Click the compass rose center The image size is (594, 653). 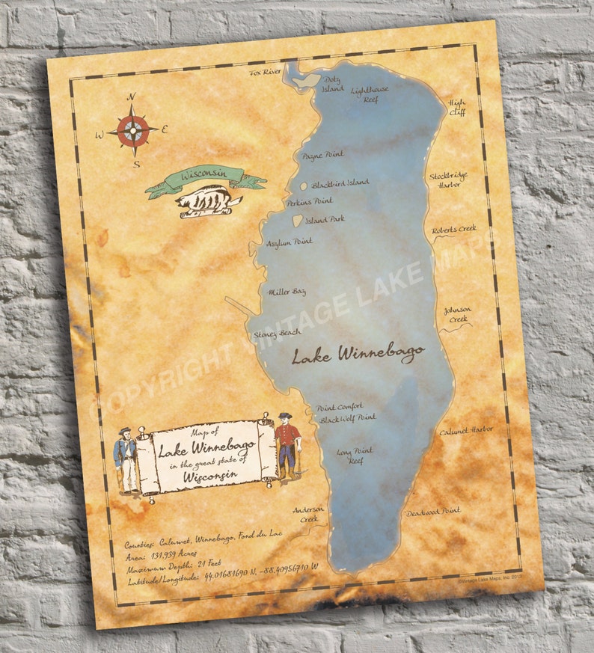point(132,130)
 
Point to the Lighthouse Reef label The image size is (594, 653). point(370,93)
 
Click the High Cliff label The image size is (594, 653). point(456,106)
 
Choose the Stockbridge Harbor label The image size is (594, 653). point(448,180)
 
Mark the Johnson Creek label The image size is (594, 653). point(456,314)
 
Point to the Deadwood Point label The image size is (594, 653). point(433,512)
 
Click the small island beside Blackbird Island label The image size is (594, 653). point(304,186)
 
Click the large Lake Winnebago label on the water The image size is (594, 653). point(358,353)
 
